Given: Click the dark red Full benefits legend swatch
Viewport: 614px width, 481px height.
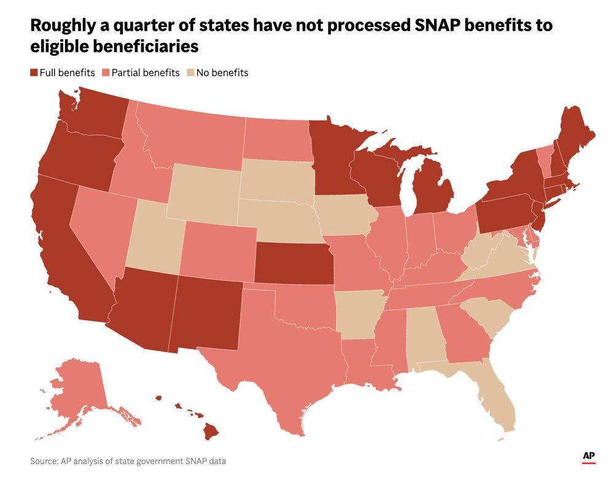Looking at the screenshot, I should [34, 72].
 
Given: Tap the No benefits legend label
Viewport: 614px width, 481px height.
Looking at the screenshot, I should [222, 72].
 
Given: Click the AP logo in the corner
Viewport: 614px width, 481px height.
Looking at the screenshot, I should [590, 457].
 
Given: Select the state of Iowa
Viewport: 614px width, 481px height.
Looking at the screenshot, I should [344, 215].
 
